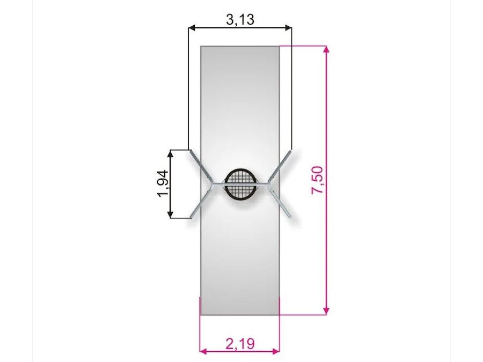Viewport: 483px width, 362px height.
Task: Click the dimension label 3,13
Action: click(x=240, y=19)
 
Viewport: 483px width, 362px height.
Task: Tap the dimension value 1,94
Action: click(x=163, y=183)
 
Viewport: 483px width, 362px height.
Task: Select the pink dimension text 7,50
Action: click(x=317, y=180)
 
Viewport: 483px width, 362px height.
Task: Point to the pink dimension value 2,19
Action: click(x=240, y=344)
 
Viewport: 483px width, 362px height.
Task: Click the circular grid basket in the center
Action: click(x=240, y=184)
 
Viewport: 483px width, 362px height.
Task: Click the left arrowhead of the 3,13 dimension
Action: click(x=192, y=28)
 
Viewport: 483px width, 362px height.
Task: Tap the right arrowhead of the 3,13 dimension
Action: click(x=288, y=28)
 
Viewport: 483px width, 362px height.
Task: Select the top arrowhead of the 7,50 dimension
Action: click(x=327, y=49)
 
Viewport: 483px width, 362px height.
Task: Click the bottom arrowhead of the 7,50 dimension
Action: click(x=327, y=311)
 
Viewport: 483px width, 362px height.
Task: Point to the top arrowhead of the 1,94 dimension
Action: click(x=170, y=153)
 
